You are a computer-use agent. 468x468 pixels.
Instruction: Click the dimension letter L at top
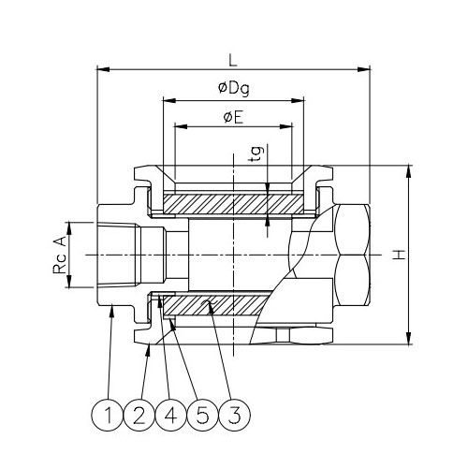tap(232, 58)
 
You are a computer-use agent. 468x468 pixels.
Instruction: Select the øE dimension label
tap(231, 115)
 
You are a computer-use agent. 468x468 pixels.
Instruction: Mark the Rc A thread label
tap(59, 255)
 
